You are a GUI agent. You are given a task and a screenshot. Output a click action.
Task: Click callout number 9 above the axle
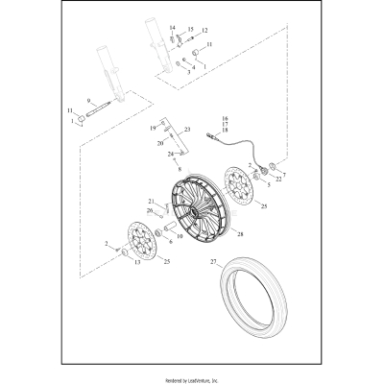[88, 102]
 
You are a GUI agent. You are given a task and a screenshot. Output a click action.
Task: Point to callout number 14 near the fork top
[173, 28]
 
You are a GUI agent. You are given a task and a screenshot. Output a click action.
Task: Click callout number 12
[204, 31]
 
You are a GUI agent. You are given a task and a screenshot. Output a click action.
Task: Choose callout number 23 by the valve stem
[188, 128]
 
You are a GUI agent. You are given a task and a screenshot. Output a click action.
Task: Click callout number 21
[151, 201]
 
